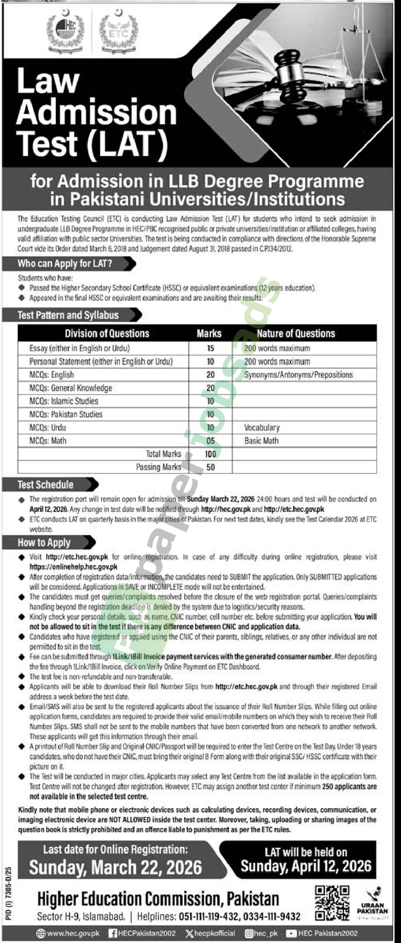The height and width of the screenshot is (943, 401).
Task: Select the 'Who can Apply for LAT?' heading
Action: (65, 264)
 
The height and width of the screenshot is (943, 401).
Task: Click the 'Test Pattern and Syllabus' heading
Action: (68, 315)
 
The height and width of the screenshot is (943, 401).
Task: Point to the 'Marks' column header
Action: (209, 333)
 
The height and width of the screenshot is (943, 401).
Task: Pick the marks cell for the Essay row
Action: (210, 348)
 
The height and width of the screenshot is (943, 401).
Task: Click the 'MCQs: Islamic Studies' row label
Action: (64, 401)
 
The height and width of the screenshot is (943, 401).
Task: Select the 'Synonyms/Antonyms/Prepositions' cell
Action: (298, 375)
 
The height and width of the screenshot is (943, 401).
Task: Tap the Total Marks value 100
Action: (210, 454)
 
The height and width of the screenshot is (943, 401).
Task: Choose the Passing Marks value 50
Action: (210, 467)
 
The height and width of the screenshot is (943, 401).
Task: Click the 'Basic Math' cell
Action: (261, 441)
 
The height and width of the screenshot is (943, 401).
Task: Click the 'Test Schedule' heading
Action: (46, 485)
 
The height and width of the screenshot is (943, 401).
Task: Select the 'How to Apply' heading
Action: (44, 542)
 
